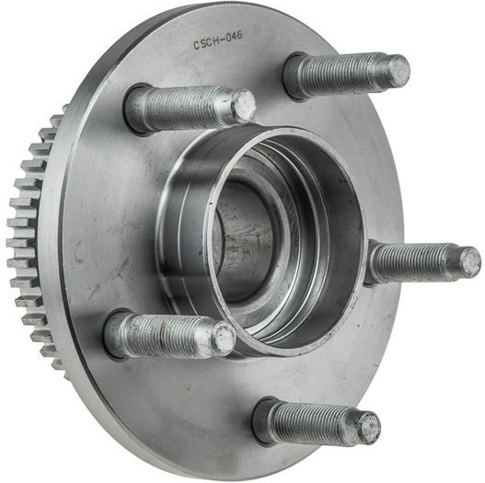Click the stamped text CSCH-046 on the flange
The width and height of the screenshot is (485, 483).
click(x=218, y=40)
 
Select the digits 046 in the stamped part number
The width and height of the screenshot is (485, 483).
click(x=235, y=37)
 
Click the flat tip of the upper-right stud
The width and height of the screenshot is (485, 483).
click(x=399, y=71)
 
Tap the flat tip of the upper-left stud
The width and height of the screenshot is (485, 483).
click(x=245, y=105)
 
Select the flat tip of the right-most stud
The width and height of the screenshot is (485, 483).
click(x=470, y=262)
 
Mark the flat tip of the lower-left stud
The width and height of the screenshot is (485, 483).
click(x=225, y=338)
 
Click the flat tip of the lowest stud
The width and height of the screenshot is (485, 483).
click(x=370, y=429)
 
